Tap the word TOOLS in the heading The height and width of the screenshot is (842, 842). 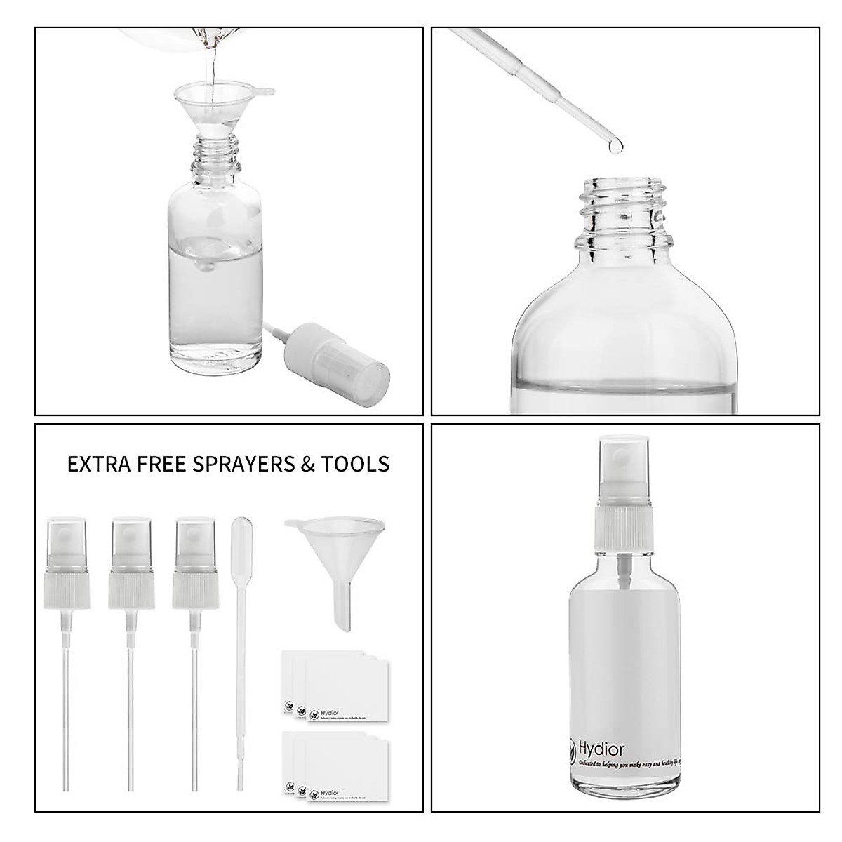point(354,464)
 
